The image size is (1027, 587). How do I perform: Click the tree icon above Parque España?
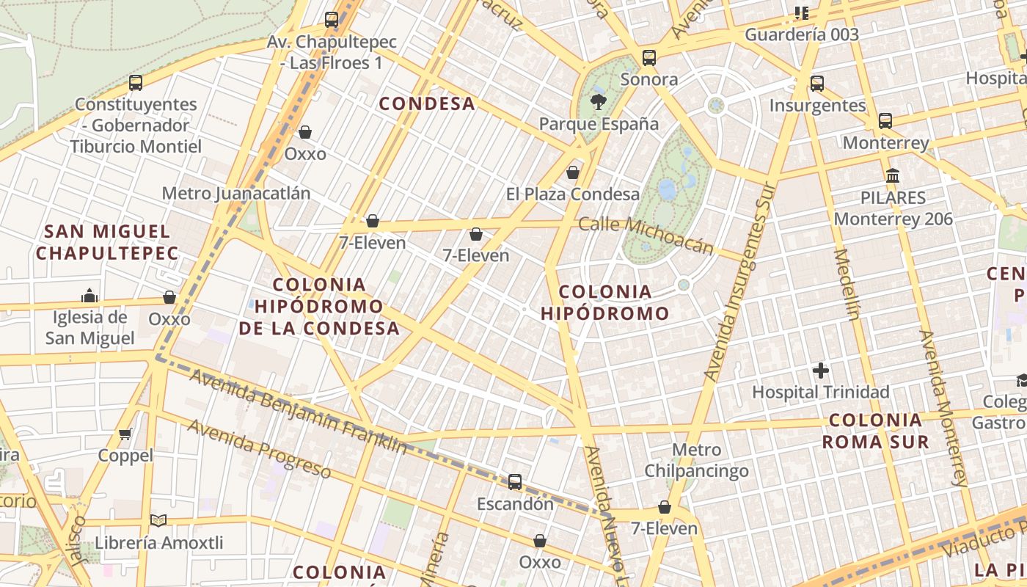coord(599,102)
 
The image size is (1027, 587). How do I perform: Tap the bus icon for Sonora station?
coord(648,58)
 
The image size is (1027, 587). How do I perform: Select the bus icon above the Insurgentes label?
coord(817,84)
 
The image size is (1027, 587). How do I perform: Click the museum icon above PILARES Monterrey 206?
coord(893,176)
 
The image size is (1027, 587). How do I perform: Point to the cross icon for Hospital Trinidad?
coord(820,371)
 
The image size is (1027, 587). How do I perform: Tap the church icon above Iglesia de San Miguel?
coord(89,296)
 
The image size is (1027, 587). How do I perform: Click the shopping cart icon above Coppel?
coord(125,434)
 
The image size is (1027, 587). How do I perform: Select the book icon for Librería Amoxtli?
coord(158,520)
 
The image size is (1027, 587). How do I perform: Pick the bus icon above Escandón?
coord(515,482)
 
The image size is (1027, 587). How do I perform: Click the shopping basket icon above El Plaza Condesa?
coord(573,172)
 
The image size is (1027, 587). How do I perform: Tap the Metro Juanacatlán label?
coord(236,193)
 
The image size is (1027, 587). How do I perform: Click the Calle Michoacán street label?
coord(646,234)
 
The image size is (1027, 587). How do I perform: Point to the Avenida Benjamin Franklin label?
coord(298,411)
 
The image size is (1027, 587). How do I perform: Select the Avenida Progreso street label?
coord(258,448)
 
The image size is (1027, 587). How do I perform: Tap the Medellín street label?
coord(846,285)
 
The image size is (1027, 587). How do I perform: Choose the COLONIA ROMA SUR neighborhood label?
coord(875,431)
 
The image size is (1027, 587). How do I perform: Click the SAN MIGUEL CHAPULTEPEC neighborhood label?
coord(107,242)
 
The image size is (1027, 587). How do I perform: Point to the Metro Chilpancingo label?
coord(696,460)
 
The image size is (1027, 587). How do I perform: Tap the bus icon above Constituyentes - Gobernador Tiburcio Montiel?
coord(135,82)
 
